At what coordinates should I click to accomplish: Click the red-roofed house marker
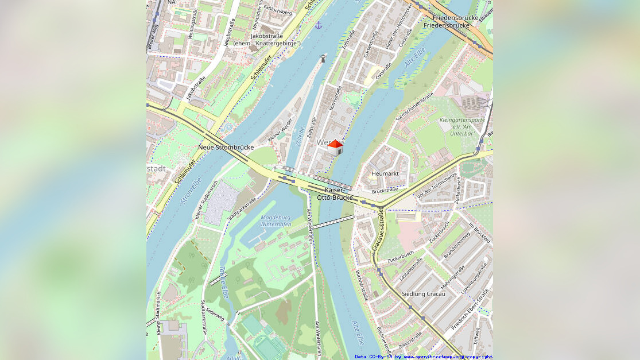(x=335, y=148)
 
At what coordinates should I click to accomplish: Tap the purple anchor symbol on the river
(x=318, y=25)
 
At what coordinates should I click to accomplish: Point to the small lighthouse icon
(x=324, y=58)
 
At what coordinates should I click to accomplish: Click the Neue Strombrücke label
(x=226, y=148)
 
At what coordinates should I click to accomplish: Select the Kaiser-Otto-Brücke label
(x=335, y=194)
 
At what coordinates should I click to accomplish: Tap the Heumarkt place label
(x=385, y=173)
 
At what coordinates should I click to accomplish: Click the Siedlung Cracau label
(x=423, y=294)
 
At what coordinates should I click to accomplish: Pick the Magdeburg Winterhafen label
(x=276, y=221)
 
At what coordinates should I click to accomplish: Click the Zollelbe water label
(x=300, y=137)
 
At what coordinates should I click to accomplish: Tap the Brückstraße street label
(x=385, y=190)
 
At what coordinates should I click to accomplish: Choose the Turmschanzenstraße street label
(x=414, y=108)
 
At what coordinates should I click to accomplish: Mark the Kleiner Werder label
(x=280, y=130)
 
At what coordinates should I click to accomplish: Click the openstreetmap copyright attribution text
(x=423, y=357)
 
